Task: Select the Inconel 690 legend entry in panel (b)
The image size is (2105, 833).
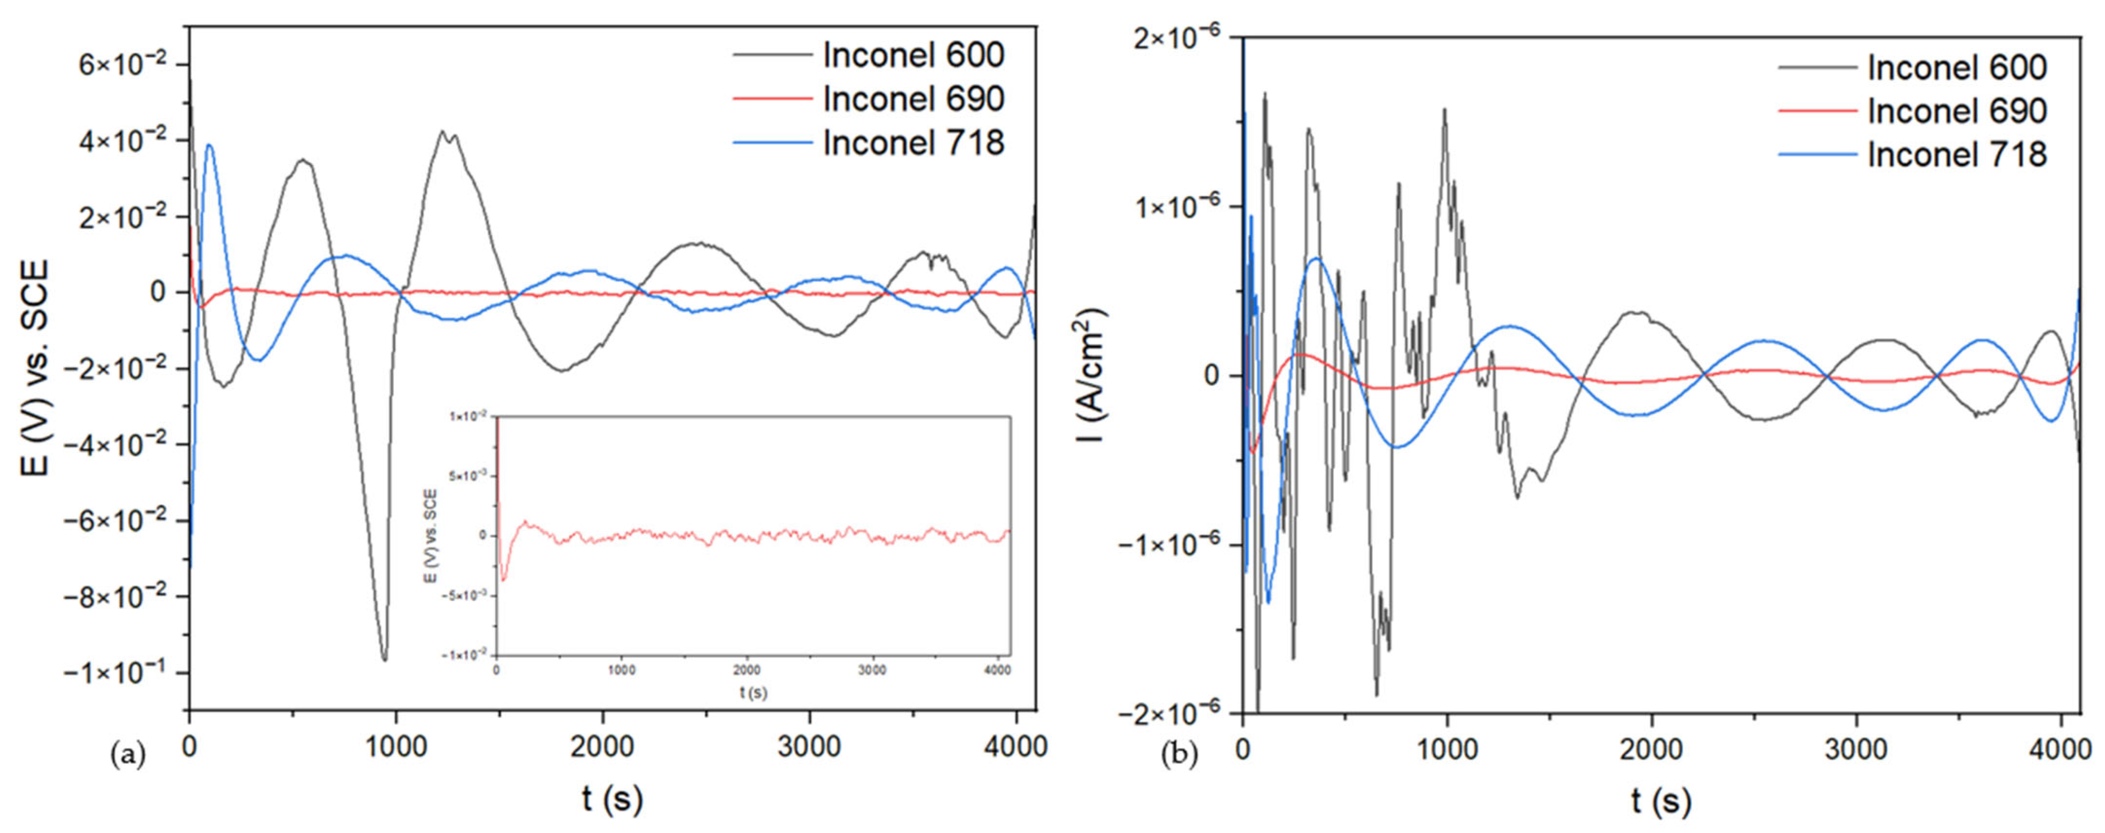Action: coord(1912,111)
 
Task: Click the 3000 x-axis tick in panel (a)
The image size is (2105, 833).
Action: coord(809,746)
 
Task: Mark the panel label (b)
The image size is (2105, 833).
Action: coord(1179,755)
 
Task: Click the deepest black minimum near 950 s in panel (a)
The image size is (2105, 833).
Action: coord(384,659)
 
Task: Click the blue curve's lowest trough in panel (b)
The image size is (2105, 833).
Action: coord(1268,602)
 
